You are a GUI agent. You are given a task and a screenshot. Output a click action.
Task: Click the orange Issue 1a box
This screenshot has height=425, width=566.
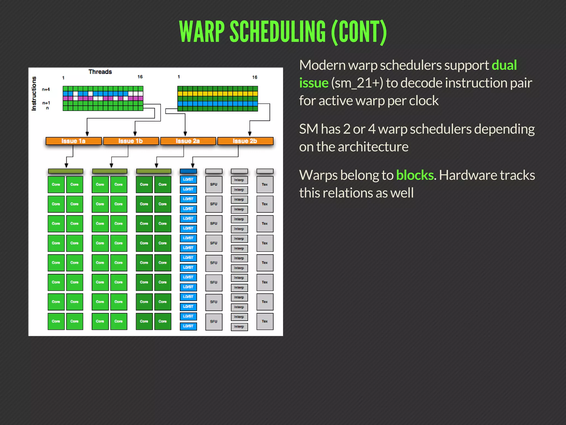pos(74,141)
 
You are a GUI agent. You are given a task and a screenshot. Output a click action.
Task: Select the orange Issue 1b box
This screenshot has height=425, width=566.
pos(131,141)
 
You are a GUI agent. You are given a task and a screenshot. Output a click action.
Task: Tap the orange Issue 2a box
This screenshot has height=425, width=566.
pos(188,141)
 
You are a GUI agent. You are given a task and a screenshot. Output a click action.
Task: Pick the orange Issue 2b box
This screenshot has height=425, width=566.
pos(245,141)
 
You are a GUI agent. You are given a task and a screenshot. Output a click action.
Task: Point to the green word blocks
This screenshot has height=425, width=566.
pos(415,175)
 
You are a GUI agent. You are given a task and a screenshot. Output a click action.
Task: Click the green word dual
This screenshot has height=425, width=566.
pos(504,65)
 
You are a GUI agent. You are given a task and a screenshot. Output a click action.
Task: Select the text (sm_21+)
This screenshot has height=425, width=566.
pos(357,83)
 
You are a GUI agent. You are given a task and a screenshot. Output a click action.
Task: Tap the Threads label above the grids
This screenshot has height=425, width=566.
pos(100,72)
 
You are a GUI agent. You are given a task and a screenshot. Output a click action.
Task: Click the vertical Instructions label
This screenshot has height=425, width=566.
pos(34,94)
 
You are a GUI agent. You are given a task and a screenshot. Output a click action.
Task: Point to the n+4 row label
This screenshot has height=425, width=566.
pos(46,89)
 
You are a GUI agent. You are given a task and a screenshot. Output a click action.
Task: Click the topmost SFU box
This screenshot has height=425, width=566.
pos(214,185)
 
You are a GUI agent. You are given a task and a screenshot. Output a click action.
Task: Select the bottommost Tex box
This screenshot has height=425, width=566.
pos(265,322)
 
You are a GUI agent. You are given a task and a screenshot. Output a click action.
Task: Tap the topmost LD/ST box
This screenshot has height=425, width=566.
pos(188,180)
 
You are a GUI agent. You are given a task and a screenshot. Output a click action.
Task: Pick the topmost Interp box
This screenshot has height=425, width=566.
pos(239,180)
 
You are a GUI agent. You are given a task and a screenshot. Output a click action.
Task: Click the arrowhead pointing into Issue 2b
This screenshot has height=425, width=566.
pos(250,134)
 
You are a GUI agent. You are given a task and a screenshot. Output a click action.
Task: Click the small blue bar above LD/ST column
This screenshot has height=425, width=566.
pos(188,171)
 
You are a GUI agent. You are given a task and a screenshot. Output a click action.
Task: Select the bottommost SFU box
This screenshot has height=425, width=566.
pos(214,322)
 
